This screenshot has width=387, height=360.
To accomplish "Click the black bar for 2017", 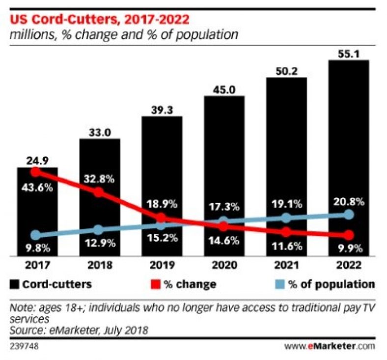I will point(37,211).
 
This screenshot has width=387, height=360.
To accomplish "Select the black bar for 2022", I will point(348,157).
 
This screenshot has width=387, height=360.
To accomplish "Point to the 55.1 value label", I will point(348,53).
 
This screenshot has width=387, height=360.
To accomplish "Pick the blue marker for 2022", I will point(348,215).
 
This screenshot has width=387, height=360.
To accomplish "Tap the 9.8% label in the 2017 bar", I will point(36,248).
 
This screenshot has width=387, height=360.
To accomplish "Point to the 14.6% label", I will point(223,241).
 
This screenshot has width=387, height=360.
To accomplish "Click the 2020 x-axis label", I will point(223,266).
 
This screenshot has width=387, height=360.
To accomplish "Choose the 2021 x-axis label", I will point(286,266).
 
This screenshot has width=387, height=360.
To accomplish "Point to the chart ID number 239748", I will point(25,346).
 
